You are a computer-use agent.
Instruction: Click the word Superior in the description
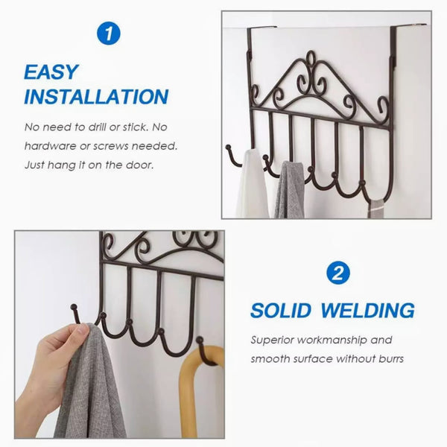273,340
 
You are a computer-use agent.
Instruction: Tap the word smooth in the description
271,359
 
